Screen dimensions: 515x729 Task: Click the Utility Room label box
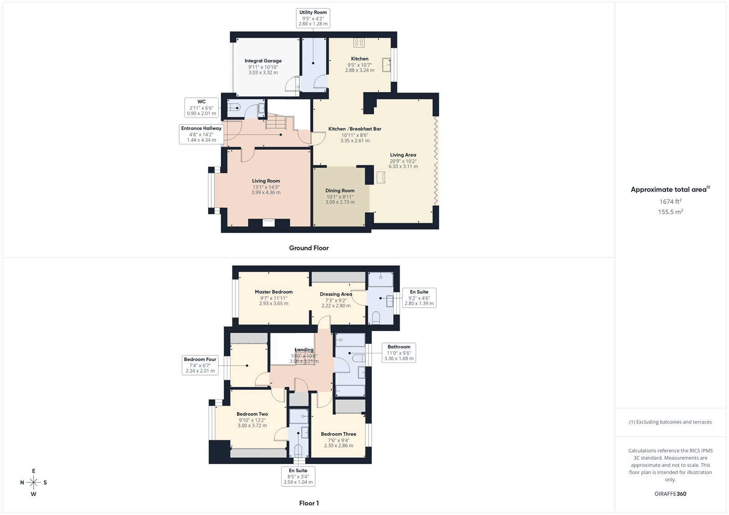click(313, 18)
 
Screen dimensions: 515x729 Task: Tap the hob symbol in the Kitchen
click(359, 43)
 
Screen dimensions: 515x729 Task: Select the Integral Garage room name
click(263, 61)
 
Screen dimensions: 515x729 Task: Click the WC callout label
click(201, 107)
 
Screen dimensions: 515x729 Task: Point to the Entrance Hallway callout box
click(201, 134)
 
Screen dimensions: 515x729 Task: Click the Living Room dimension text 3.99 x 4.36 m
click(266, 193)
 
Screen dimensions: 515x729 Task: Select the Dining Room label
click(340, 191)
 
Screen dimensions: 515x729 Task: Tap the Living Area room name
click(403, 155)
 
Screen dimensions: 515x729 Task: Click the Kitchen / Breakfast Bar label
click(355, 129)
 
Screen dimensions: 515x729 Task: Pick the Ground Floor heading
click(309, 248)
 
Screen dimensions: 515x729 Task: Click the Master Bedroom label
click(274, 292)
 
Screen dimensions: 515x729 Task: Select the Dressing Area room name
click(336, 294)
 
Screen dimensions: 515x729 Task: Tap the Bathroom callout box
click(399, 352)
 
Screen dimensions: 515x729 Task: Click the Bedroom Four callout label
click(200, 365)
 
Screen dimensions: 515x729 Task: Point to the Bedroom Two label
click(252, 414)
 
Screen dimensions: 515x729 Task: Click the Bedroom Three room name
click(339, 434)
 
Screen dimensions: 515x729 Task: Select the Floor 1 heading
click(309, 503)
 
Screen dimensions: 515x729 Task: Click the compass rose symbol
click(34, 482)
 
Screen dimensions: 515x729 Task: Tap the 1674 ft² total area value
click(670, 201)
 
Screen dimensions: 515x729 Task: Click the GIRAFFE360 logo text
click(670, 494)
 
